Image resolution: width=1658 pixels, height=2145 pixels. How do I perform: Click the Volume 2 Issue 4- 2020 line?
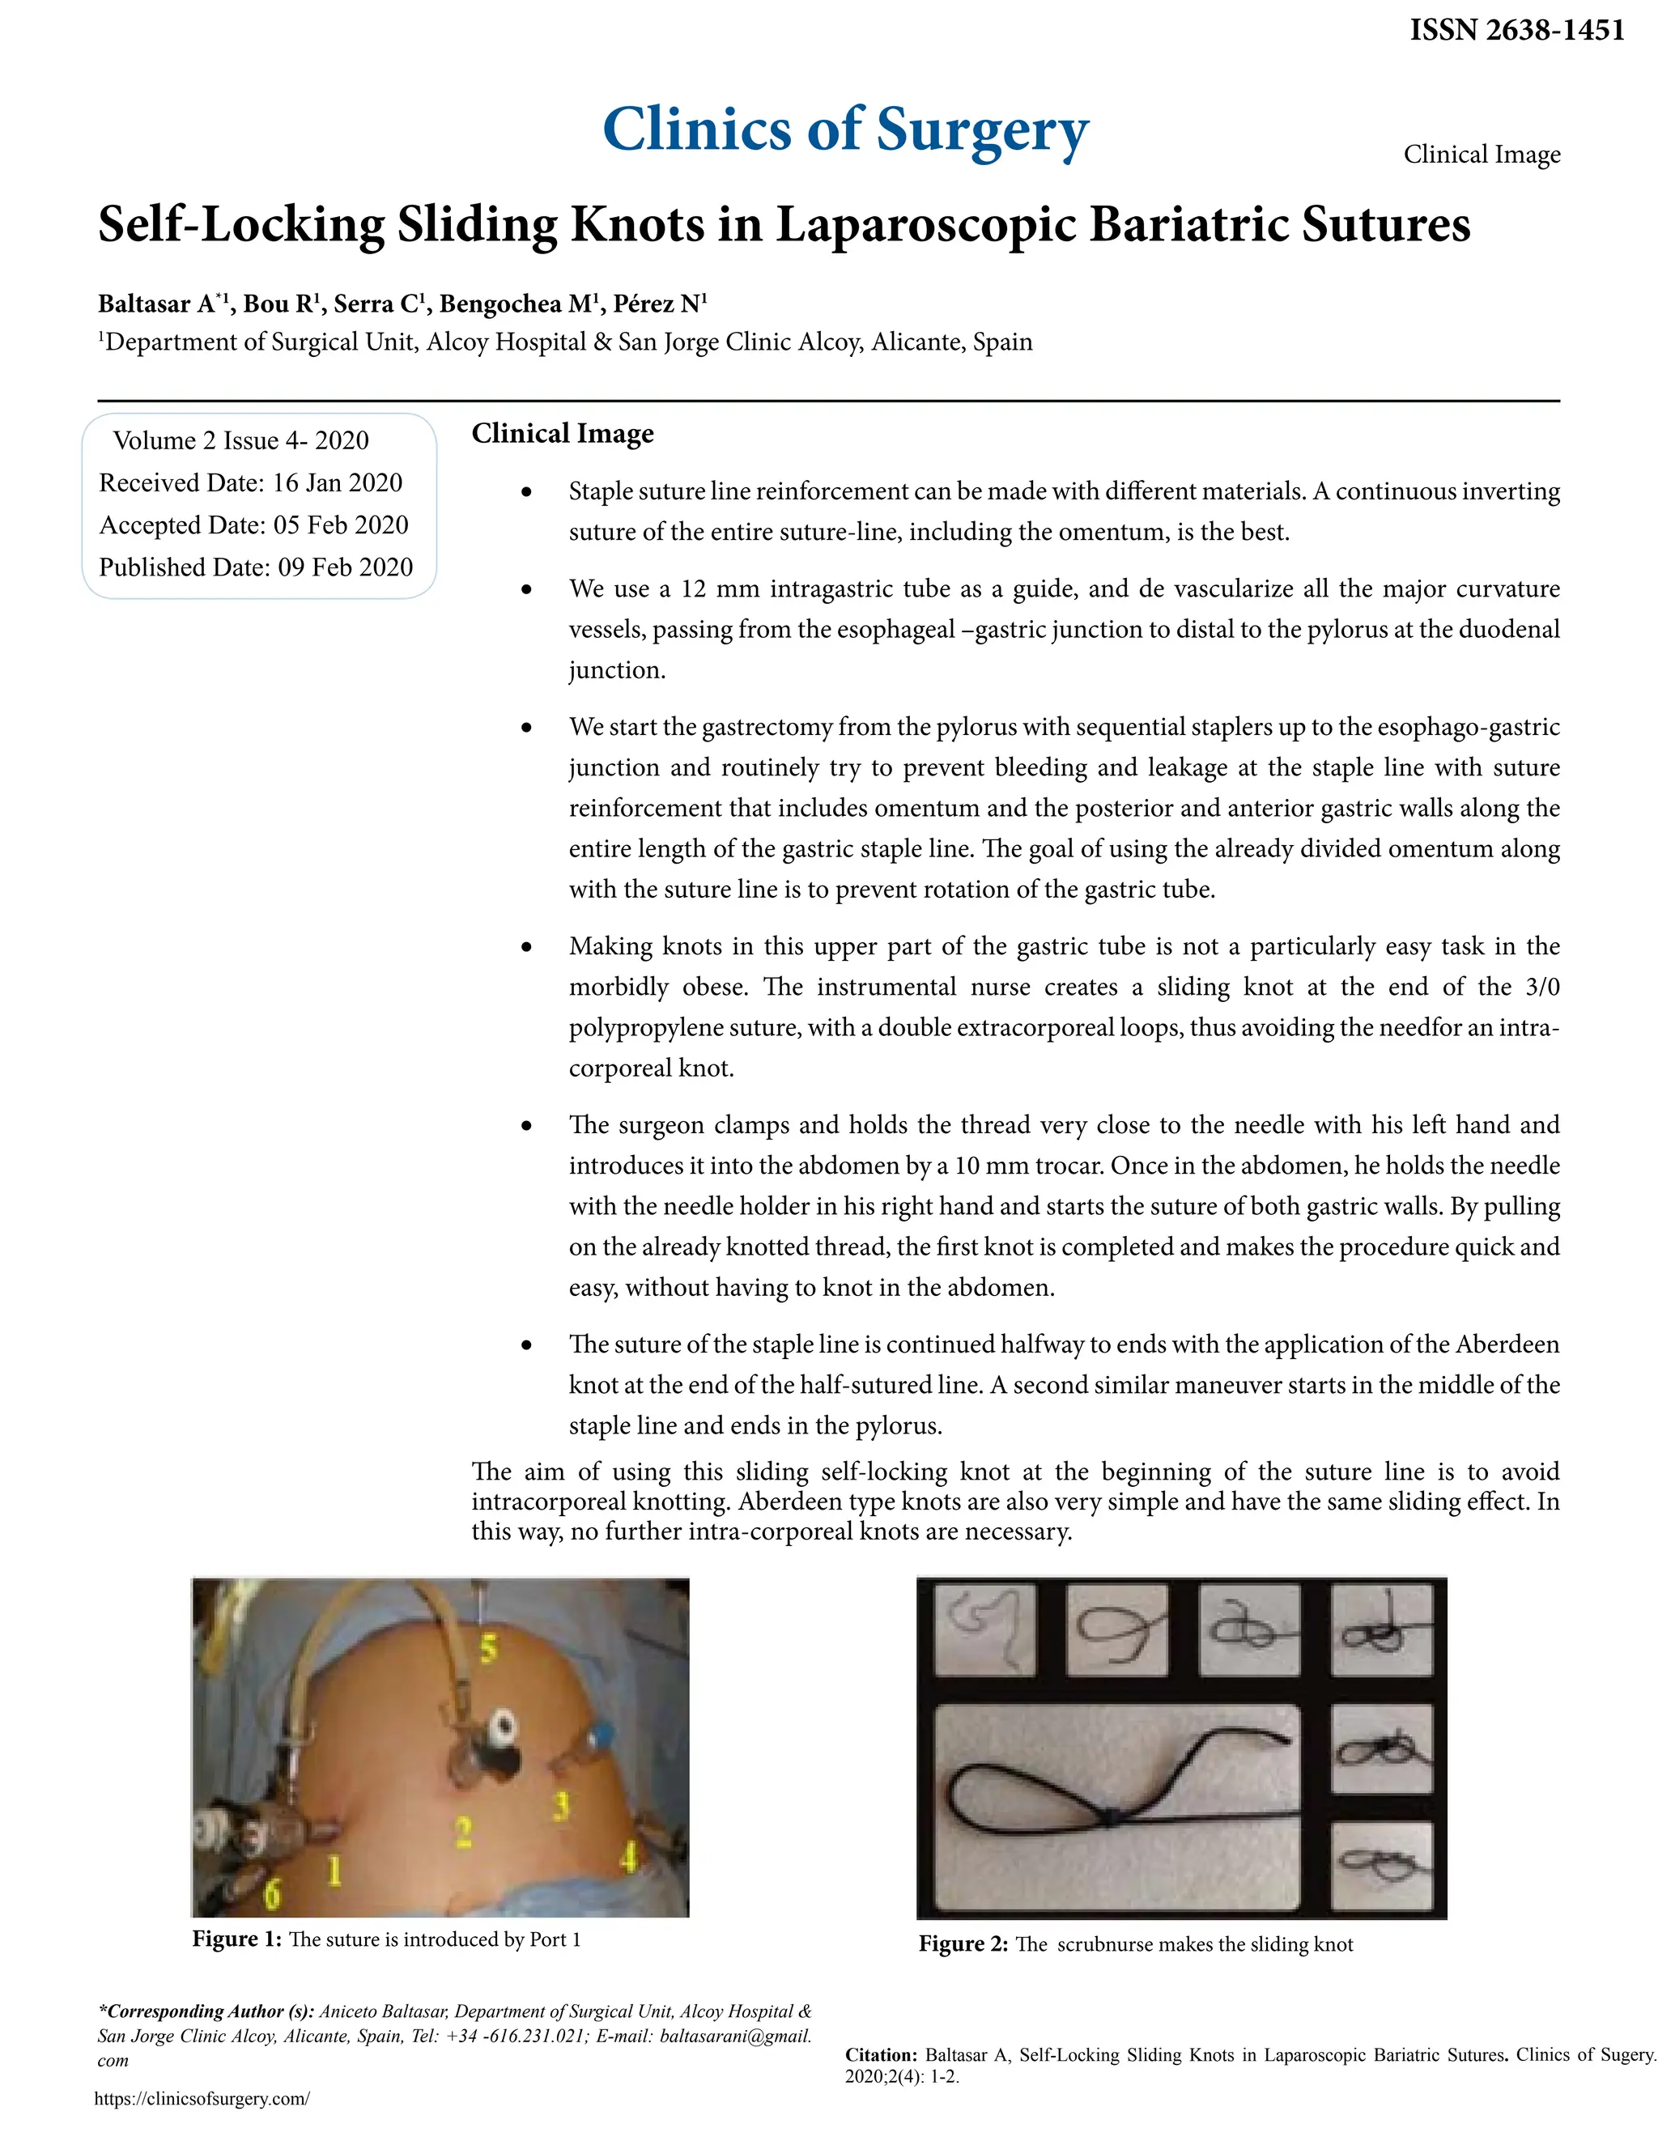click(240, 440)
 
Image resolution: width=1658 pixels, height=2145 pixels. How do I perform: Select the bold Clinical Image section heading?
click(562, 433)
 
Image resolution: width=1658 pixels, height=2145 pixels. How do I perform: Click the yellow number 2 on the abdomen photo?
click(462, 1831)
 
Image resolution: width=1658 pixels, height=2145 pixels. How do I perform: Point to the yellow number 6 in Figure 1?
click(272, 1892)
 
